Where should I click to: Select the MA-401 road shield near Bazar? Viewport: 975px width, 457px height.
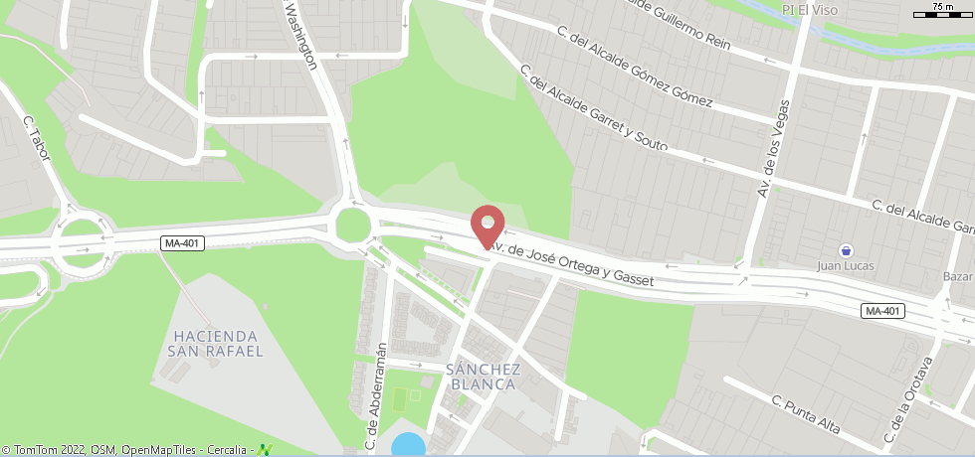click(882, 311)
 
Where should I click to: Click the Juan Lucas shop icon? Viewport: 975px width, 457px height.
click(845, 249)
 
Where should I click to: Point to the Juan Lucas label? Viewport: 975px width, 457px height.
click(844, 266)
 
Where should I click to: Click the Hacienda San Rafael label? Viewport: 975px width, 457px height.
click(216, 343)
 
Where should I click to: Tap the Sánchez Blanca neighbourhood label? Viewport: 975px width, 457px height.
click(485, 376)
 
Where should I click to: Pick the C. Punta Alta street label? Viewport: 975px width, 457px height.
click(806, 414)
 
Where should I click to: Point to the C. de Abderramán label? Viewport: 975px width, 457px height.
click(375, 394)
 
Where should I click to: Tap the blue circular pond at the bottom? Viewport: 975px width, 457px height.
click(408, 445)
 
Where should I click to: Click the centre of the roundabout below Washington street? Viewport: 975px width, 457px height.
click(352, 225)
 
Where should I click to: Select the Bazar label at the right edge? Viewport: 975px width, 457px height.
click(957, 275)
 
